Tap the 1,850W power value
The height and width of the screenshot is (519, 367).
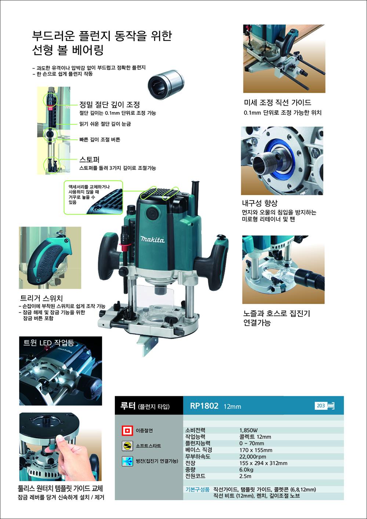[248, 430]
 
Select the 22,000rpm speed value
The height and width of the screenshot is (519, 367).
[253, 456]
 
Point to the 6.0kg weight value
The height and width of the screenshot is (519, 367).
[246, 469]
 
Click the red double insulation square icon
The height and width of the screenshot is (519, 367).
[127, 431]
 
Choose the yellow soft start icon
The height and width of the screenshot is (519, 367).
[127, 446]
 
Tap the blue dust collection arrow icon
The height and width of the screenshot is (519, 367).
[127, 461]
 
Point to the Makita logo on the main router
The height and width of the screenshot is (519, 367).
[153, 240]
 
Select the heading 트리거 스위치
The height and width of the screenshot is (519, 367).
[41, 298]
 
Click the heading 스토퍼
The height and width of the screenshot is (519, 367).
[89, 160]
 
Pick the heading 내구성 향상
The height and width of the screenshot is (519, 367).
[260, 203]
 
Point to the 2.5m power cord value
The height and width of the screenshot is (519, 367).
[245, 476]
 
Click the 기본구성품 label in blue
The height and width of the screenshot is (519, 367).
[197, 489]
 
